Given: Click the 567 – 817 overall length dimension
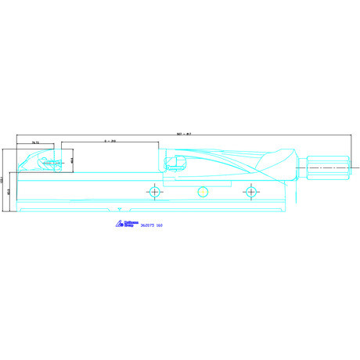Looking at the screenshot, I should point(185,132).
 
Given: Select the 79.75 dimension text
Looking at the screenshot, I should point(36,142).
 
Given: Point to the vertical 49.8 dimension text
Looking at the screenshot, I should point(72,161).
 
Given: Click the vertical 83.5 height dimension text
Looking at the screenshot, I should point(9,189).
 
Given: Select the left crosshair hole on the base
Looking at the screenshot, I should point(155,191).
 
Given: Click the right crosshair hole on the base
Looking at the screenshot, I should point(250,191).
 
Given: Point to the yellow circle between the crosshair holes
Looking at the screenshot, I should point(203,192).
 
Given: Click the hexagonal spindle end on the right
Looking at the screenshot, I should point(324,166).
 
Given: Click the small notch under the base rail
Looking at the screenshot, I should point(120,210).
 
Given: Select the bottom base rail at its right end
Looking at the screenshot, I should point(290,207).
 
